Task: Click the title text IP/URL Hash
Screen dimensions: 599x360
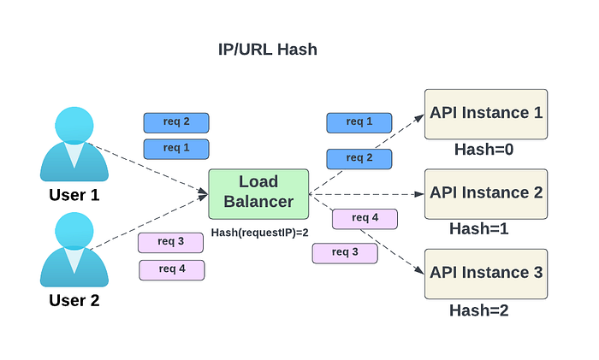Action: [267, 50]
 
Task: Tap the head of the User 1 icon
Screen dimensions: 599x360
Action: [74, 126]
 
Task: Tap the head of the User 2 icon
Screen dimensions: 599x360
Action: [74, 232]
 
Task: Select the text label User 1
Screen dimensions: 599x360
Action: [74, 195]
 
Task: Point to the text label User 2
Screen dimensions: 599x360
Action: [74, 300]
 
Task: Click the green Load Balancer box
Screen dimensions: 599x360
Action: [258, 194]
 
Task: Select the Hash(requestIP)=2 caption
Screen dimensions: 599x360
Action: [260, 233]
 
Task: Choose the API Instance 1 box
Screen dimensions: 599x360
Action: [486, 114]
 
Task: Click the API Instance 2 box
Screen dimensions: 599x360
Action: [486, 194]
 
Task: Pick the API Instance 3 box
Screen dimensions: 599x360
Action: [486, 274]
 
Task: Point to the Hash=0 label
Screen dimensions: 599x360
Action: [483, 150]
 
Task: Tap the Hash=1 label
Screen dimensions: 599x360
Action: [478, 228]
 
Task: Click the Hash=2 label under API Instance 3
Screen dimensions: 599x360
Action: [478, 310]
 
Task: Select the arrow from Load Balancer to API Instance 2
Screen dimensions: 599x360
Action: [367, 194]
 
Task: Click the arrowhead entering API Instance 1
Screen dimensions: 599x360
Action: [420, 118]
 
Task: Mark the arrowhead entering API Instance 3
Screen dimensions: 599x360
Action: [420, 270]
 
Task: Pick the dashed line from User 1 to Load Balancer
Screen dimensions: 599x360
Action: [147, 168]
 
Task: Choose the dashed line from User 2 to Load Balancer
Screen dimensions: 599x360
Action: [149, 221]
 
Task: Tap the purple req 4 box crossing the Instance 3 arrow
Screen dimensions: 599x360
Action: [365, 219]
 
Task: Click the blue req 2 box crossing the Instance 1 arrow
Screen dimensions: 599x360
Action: [359, 159]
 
